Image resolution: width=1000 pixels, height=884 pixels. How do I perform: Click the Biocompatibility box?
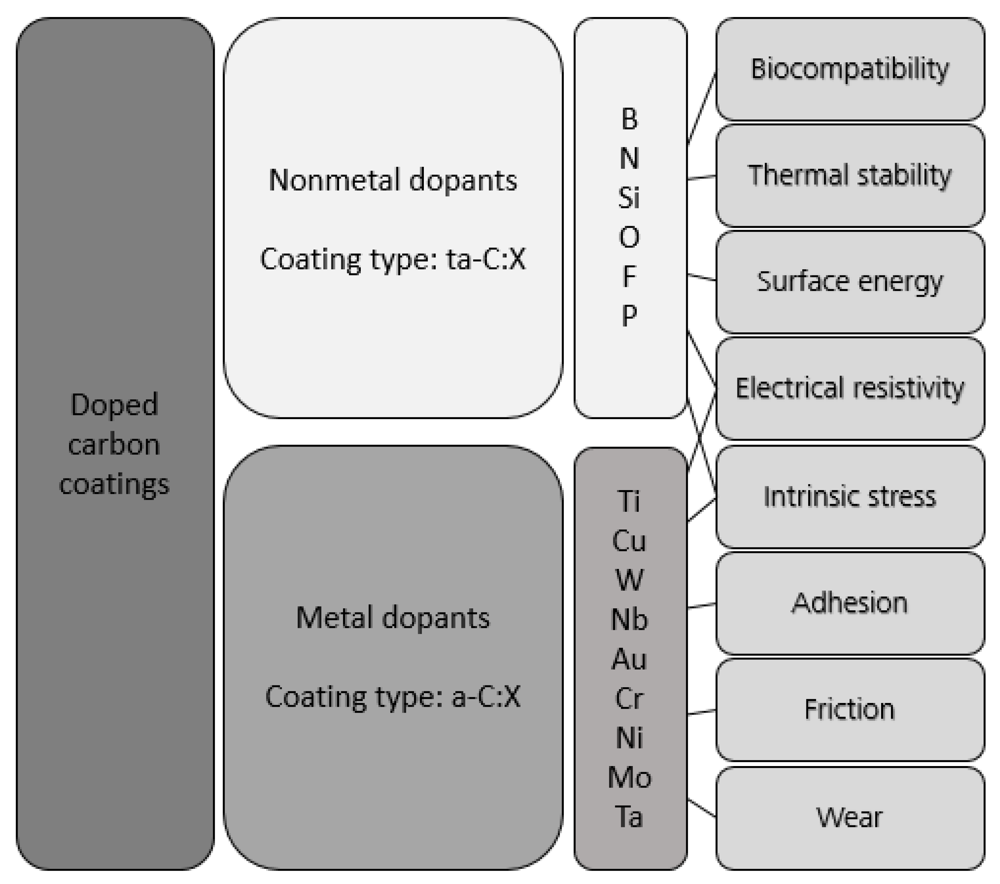pyautogui.click(x=850, y=69)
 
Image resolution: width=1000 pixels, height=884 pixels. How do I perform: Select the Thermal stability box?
pyautogui.click(x=850, y=175)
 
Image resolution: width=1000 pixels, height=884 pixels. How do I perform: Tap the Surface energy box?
pyautogui.click(x=850, y=282)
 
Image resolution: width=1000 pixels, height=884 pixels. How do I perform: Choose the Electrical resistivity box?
pyautogui.click(x=850, y=388)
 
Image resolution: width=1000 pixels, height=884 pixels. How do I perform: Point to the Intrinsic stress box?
pyautogui.click(x=850, y=496)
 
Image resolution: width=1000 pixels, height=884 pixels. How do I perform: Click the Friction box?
pyautogui.click(x=850, y=709)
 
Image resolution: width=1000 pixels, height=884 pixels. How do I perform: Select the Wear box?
pyautogui.click(x=850, y=817)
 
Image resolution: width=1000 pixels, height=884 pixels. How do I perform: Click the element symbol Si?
pyautogui.click(x=629, y=198)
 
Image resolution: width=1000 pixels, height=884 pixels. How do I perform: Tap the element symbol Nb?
pyautogui.click(x=629, y=620)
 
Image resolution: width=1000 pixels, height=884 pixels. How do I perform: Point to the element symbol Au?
pyautogui.click(x=629, y=659)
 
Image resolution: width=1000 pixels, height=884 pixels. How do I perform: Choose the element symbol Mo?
pyautogui.click(x=629, y=778)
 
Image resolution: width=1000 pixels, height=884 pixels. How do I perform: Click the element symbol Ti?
pyautogui.click(x=629, y=501)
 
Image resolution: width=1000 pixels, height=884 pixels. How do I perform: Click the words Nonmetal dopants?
pyautogui.click(x=393, y=180)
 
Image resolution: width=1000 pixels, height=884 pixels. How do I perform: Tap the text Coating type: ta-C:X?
pyautogui.click(x=393, y=259)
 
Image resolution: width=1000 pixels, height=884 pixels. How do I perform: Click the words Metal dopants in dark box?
pyautogui.click(x=393, y=618)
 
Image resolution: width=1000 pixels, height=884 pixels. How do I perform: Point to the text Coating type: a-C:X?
pyautogui.click(x=393, y=697)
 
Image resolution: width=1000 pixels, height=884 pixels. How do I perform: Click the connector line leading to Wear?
pyautogui.click(x=702, y=809)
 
